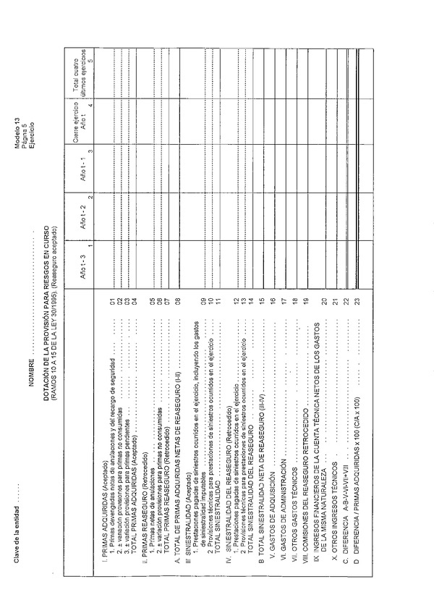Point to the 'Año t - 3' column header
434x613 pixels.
coord(82,264)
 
